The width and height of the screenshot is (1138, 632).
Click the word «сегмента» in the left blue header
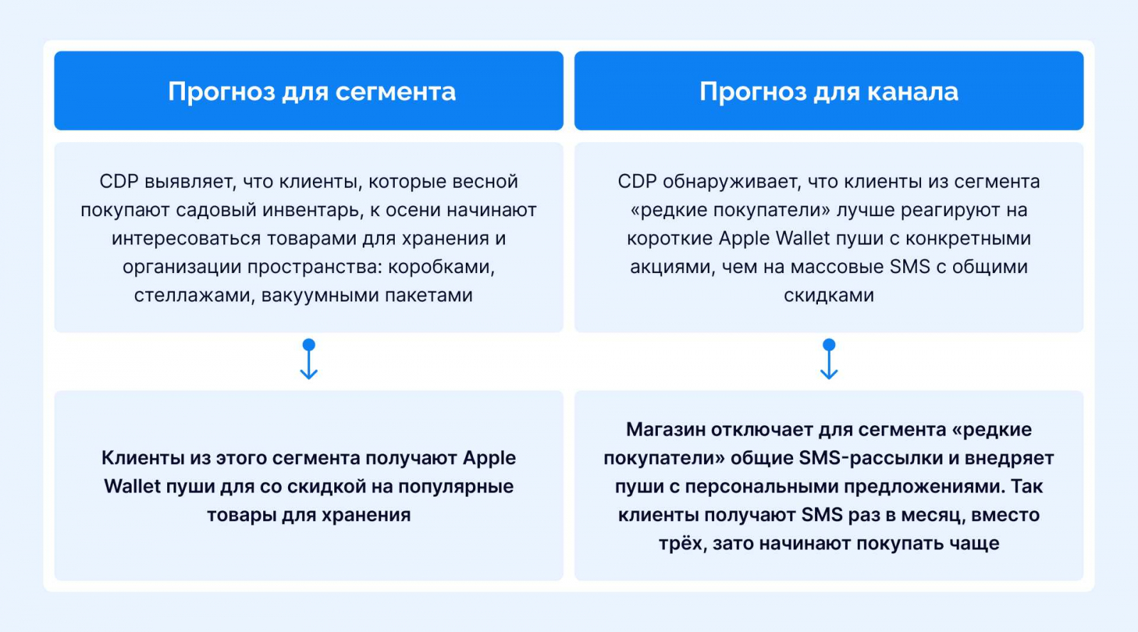pyautogui.click(x=395, y=92)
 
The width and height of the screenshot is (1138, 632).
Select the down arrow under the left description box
pyautogui.click(x=309, y=359)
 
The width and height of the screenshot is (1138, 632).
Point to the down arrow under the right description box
pyautogui.click(x=829, y=359)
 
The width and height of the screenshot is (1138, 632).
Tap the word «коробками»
pyautogui.click(x=441, y=267)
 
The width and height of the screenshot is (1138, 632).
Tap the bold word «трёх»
pyautogui.click(x=683, y=543)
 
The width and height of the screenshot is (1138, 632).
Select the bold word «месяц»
pyautogui.click(x=932, y=515)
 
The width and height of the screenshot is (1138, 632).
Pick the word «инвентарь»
pyautogui.click(x=312, y=210)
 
